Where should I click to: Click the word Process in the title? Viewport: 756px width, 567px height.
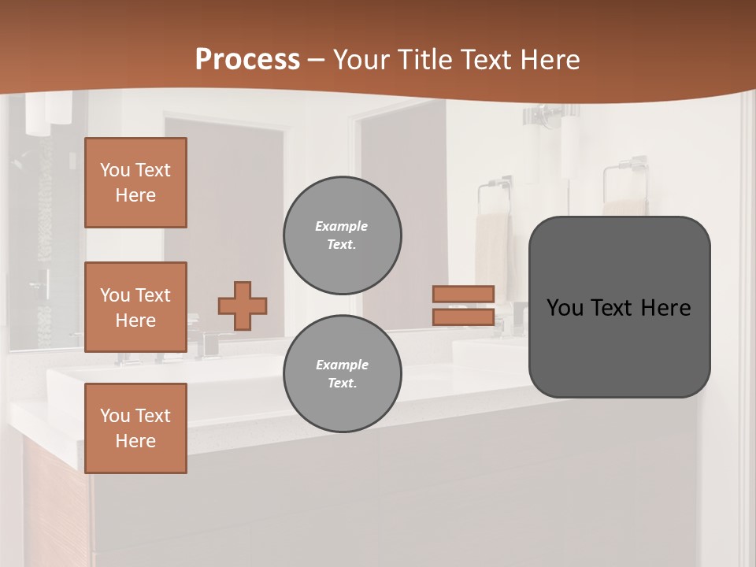pyautogui.click(x=247, y=60)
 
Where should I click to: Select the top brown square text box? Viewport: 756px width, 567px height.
pyautogui.click(x=135, y=183)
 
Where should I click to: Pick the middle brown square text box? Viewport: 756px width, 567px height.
pyautogui.click(x=135, y=307)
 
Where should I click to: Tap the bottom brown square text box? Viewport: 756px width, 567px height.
pyautogui.click(x=135, y=428)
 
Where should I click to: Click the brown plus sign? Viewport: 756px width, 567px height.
pyautogui.click(x=243, y=306)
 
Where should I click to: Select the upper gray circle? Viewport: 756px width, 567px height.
pyautogui.click(x=342, y=235)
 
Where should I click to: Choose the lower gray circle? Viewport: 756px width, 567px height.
pyautogui.click(x=342, y=374)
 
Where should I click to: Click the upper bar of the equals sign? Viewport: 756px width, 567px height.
pyautogui.click(x=463, y=294)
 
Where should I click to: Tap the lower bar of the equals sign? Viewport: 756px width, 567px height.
pyautogui.click(x=463, y=317)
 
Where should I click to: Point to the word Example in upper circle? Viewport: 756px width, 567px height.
pyautogui.click(x=342, y=226)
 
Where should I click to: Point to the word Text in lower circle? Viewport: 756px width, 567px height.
pyautogui.click(x=342, y=384)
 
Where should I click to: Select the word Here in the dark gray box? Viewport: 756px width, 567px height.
pyautogui.click(x=666, y=308)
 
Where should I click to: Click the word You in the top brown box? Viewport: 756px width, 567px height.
pyautogui.click(x=115, y=170)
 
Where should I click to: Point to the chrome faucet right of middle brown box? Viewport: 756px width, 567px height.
pyautogui.click(x=209, y=343)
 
